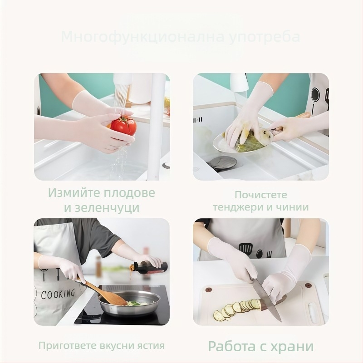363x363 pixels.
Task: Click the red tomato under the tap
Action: [123, 126]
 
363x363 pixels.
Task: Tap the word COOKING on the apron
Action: [58, 294]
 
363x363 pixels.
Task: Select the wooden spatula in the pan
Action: [104, 292]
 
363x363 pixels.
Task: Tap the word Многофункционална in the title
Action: [142, 37]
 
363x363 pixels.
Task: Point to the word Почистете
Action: [261, 195]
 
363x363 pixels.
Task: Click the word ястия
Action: [150, 346]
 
